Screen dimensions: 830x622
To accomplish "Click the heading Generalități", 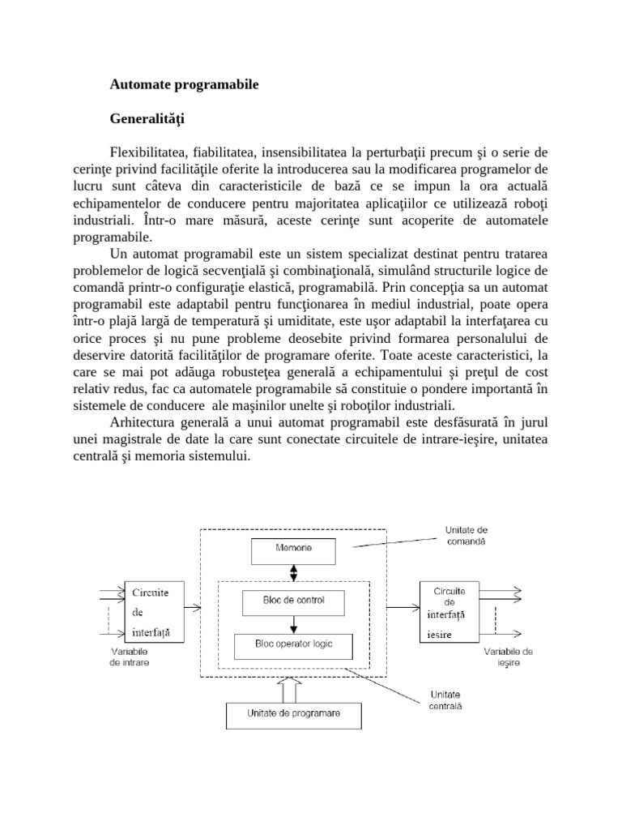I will [147, 119].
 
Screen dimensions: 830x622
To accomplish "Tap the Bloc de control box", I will [293, 602].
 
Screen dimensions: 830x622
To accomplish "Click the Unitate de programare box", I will [293, 714].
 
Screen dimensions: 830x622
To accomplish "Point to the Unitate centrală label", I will [445, 700].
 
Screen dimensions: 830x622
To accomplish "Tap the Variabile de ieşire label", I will [509, 657].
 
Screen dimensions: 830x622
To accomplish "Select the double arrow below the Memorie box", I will [294, 573].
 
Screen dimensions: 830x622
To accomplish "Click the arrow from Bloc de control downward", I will [294, 624].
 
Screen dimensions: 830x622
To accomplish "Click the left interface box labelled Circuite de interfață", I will [153, 612].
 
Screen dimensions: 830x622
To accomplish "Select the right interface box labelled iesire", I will [449, 612].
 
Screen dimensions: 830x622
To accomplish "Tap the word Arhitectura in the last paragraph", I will [143, 423].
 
